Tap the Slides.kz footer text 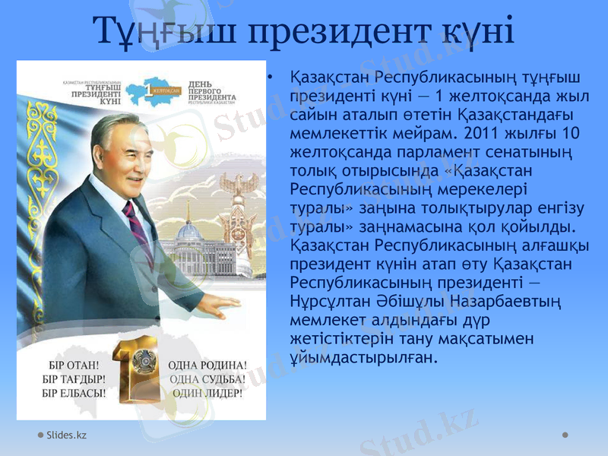coord(66,435)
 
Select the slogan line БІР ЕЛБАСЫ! coord(74,394)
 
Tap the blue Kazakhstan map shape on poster coord(157,90)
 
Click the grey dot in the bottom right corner coord(565,434)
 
